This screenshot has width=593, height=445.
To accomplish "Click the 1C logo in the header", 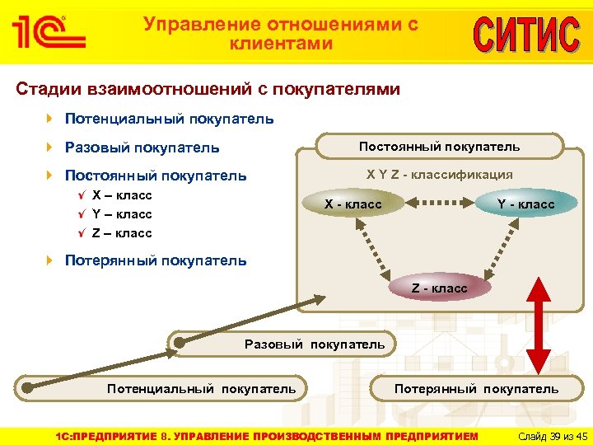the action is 49,31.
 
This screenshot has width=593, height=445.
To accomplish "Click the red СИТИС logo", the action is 525,34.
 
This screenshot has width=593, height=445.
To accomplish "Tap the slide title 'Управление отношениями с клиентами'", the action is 281,34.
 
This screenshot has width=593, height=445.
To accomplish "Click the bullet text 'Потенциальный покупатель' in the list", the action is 169,119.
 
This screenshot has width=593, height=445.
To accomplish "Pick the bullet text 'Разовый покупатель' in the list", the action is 142,148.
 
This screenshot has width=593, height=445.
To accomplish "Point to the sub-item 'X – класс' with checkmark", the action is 122,195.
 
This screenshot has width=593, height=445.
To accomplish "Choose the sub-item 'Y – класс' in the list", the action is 122,214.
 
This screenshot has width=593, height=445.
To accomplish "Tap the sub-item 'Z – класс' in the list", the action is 122,233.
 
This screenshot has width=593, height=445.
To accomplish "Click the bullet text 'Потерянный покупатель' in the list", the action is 155,260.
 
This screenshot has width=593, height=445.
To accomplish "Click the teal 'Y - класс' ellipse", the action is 525,204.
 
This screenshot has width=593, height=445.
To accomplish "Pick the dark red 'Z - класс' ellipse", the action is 439,288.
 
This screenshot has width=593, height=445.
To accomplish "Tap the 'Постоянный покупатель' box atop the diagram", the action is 439,147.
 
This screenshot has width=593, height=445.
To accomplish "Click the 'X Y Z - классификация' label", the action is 439,174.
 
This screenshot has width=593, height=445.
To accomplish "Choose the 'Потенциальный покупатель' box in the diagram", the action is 201,388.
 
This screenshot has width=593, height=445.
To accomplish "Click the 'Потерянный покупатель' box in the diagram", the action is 476,388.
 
